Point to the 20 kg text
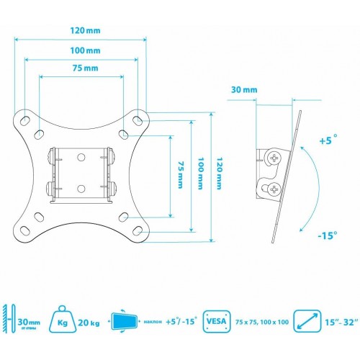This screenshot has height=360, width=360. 99,324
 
